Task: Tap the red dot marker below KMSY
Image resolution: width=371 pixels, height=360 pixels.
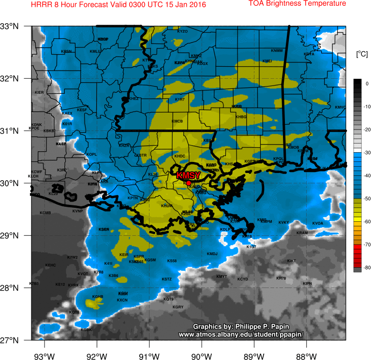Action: pos(189,183)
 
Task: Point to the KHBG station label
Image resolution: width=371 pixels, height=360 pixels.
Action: pos(241,117)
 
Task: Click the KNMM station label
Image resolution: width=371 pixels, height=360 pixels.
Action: pos(277,51)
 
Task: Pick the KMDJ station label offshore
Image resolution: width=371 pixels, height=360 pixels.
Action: pos(212,254)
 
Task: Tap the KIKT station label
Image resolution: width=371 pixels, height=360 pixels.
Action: pos(291,261)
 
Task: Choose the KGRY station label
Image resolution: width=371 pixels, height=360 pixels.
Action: pos(178,307)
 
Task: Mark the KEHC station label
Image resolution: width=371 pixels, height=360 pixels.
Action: pos(51,265)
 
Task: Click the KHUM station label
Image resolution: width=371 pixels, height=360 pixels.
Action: pos(166,205)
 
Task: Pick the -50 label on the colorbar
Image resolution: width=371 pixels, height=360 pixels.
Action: pos(367,199)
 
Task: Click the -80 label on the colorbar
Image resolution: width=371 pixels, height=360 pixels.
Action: pos(367,267)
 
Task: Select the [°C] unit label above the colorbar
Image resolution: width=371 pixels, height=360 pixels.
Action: pos(361,54)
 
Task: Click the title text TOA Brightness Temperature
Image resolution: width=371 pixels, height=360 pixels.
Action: pos(297,4)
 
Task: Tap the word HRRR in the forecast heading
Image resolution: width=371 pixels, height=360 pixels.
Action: pos(40,5)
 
